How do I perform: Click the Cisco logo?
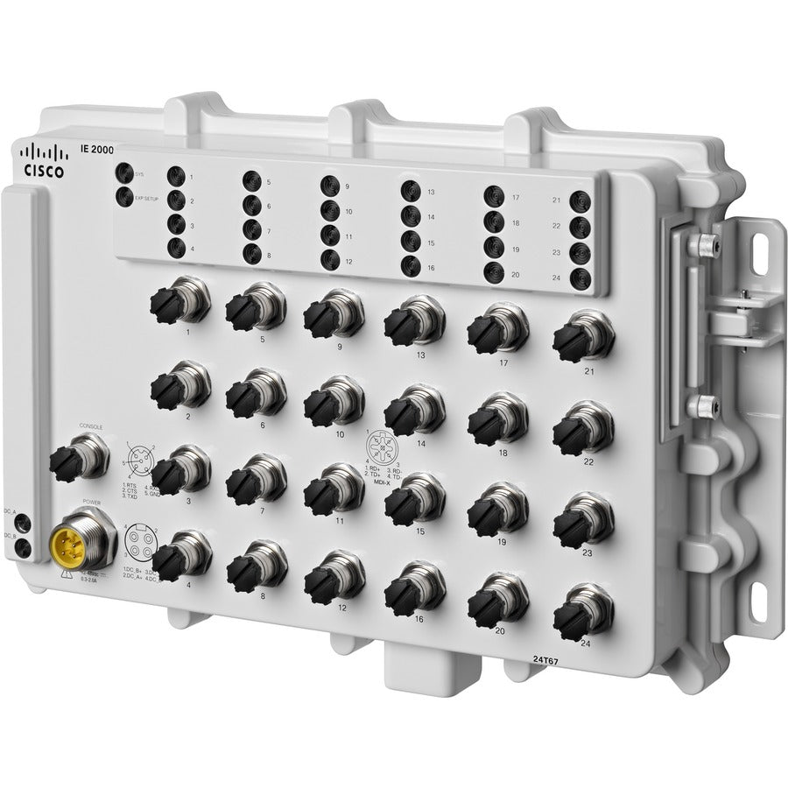click(42, 161)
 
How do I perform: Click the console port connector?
click(76, 454)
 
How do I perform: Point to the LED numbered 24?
click(578, 278)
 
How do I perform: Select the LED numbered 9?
click(329, 185)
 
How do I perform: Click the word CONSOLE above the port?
click(91, 426)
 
